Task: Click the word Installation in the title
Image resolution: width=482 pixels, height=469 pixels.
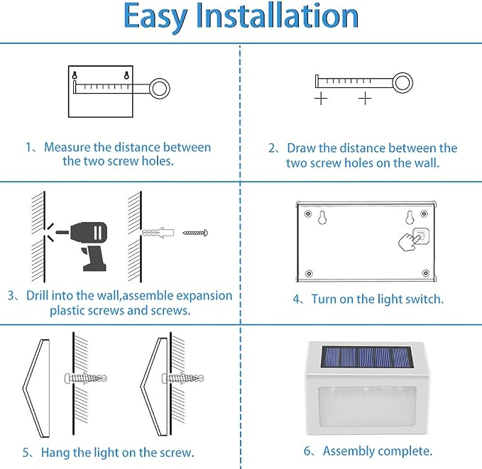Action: point(278,15)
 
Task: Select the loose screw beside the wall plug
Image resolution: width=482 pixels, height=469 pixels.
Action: point(195,233)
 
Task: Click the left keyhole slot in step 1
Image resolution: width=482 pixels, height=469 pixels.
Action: point(75,75)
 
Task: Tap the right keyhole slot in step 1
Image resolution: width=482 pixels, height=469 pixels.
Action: point(126,75)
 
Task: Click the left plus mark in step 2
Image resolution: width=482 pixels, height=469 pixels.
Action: point(321,99)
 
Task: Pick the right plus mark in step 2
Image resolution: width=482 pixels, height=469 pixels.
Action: point(365,99)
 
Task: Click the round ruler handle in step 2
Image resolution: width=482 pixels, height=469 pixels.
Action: point(402,83)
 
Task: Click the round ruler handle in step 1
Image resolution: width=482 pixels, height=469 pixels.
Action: point(160,88)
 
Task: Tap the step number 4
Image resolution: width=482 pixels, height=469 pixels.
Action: point(296,299)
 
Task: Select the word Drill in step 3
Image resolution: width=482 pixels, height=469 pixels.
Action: point(37,295)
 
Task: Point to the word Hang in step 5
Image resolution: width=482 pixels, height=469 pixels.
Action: point(55,453)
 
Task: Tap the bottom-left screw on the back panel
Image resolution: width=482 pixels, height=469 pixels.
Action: point(310,273)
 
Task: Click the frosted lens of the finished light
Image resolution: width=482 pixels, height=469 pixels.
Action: point(367,407)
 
